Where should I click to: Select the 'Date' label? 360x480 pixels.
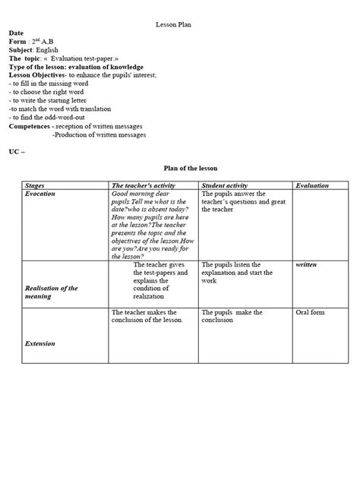(x=16, y=33)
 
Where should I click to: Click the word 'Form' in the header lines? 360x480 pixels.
(x=17, y=42)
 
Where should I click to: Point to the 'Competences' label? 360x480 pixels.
(x=29, y=126)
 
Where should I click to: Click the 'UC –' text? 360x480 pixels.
(x=17, y=152)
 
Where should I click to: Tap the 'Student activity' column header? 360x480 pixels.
(x=229, y=185)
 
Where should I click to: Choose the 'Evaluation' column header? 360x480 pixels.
(x=312, y=185)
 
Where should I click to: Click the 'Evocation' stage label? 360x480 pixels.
(x=40, y=194)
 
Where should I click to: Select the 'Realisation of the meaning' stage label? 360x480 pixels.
(x=51, y=292)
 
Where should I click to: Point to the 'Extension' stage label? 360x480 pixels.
(x=40, y=343)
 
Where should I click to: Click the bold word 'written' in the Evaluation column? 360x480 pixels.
(x=307, y=264)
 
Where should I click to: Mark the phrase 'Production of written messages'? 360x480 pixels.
(x=99, y=134)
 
